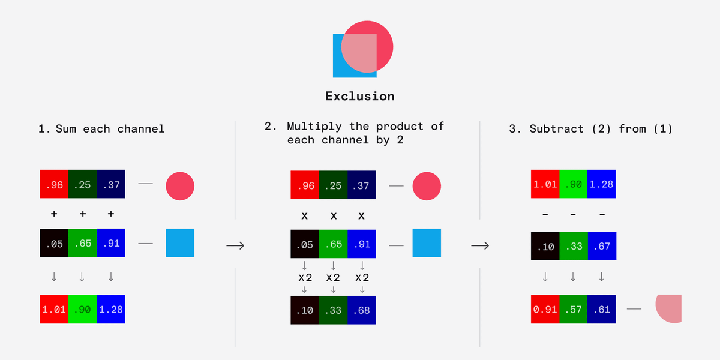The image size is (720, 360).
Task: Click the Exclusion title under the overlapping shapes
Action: click(x=359, y=96)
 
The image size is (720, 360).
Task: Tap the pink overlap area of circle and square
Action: click(x=359, y=53)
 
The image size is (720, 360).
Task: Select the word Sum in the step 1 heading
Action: click(x=66, y=129)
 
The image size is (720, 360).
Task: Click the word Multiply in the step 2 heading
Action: click(x=314, y=127)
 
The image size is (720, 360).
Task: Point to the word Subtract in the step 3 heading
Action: click(x=556, y=129)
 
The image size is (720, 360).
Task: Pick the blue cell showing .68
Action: click(x=362, y=310)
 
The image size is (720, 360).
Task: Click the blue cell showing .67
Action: click(x=602, y=246)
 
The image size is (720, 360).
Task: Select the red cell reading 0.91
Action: click(x=545, y=309)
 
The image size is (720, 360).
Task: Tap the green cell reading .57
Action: click(x=573, y=309)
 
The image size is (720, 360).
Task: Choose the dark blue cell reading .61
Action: click(x=601, y=309)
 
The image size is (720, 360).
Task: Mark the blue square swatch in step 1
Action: click(x=180, y=242)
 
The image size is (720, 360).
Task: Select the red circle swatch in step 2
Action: click(x=427, y=186)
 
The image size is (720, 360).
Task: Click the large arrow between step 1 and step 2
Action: click(x=235, y=245)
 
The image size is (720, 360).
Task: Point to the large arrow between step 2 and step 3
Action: click(x=480, y=245)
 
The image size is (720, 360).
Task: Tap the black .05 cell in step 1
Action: click(x=54, y=243)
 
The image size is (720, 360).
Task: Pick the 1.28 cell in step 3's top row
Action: click(x=601, y=184)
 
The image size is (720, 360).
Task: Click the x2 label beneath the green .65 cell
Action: click(x=334, y=277)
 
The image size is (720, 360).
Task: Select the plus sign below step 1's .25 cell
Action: click(x=83, y=214)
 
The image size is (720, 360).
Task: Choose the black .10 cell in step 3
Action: click(x=545, y=246)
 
